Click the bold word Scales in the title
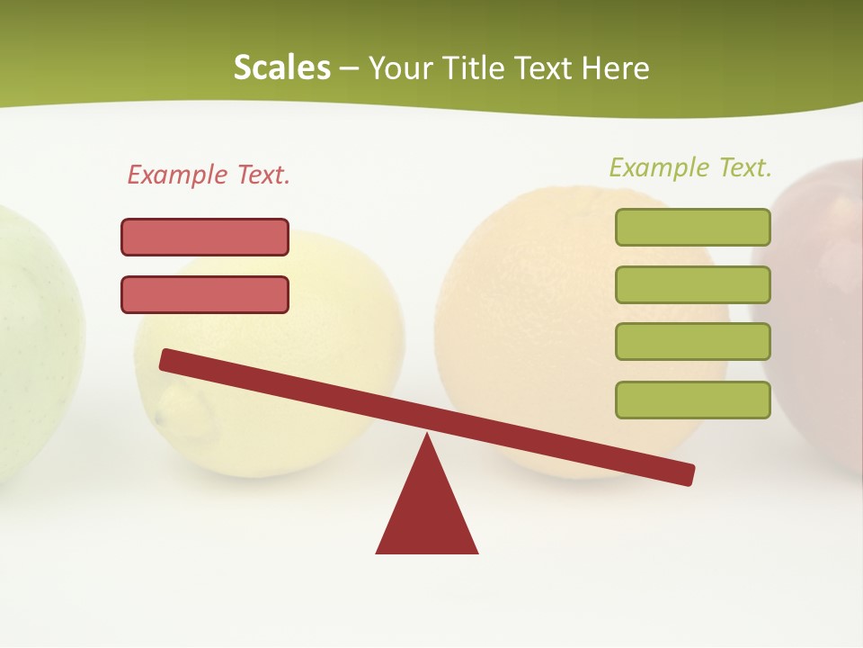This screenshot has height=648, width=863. (x=282, y=68)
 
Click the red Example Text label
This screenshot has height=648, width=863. (x=209, y=175)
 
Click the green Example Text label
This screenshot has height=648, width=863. (x=690, y=167)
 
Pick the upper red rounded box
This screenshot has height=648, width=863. (x=205, y=237)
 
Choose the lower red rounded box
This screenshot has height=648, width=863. (x=205, y=294)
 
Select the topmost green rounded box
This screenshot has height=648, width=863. (x=692, y=227)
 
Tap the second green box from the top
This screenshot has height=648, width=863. (x=692, y=284)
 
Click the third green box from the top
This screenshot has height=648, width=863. (x=692, y=341)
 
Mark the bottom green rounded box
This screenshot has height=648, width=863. (x=692, y=400)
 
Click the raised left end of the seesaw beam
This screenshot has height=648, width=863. (x=171, y=361)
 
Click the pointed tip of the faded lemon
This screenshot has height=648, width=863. (x=162, y=418)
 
